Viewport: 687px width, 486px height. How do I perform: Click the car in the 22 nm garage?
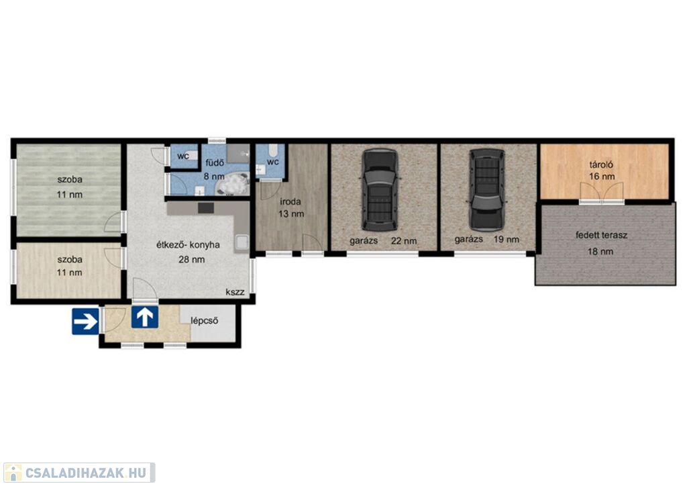(380, 190)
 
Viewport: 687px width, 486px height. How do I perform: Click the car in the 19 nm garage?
(486, 190)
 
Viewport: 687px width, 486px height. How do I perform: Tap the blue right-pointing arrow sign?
(85, 322)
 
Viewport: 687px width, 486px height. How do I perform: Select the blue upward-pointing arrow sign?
(145, 317)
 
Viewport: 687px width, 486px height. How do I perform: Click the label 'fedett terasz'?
(601, 236)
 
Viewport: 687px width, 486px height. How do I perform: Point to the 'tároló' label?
(601, 165)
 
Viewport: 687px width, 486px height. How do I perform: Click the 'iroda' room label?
(290, 202)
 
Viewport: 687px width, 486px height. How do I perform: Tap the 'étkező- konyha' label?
(188, 245)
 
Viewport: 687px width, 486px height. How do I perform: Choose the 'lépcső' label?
(204, 321)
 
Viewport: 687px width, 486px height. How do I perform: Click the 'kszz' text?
(235, 292)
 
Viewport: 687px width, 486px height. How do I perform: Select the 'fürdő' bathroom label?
(215, 162)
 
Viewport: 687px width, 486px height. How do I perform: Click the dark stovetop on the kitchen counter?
(205, 207)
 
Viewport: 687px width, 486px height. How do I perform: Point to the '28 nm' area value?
(191, 259)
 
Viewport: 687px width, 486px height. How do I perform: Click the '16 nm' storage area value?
(602, 177)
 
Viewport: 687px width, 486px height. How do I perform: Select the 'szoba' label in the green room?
(70, 179)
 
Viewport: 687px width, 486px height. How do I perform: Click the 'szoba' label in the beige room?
(70, 259)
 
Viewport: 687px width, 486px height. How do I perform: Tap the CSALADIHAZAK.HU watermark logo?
(79, 473)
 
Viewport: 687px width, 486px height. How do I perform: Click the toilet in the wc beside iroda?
(273, 151)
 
